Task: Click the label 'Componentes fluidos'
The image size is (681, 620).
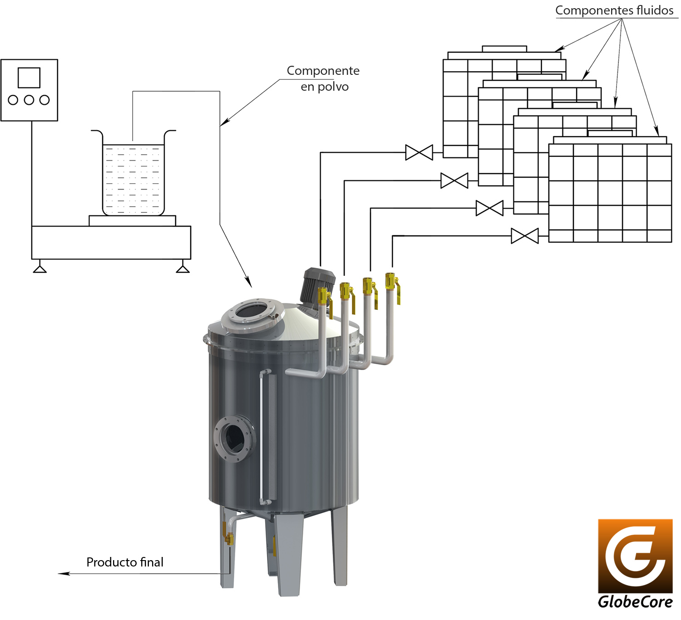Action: (614, 10)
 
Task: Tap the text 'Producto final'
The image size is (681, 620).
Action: (125, 562)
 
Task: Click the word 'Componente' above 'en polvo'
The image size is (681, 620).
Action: (323, 71)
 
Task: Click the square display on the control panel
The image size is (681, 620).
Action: (29, 78)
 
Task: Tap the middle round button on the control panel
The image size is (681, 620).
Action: (29, 100)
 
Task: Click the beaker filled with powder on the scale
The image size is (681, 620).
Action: (133, 179)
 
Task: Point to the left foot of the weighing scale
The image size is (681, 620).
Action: (40, 268)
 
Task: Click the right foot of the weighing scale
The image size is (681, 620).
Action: (183, 268)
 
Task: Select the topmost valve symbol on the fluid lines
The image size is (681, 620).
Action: (419, 152)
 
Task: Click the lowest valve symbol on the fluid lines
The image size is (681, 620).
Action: (525, 236)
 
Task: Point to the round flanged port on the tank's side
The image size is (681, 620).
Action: (235, 438)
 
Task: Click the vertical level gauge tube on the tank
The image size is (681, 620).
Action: (262, 438)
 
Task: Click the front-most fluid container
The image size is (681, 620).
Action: (610, 193)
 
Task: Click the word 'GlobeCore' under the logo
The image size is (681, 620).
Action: (635, 602)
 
